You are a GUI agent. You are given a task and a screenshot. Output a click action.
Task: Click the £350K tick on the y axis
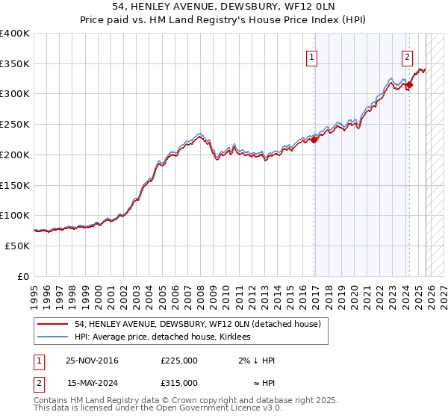point(15,64)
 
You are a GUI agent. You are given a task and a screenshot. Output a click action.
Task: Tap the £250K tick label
point(15,125)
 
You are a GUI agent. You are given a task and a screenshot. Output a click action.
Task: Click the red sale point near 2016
point(314,139)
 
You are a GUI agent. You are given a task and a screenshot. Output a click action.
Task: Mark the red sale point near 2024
point(409,85)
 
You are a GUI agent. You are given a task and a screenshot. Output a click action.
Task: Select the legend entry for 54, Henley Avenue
point(197,324)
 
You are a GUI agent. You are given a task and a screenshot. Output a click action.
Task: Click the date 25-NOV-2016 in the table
point(92,361)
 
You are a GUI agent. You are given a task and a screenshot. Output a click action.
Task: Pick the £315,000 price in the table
point(178,382)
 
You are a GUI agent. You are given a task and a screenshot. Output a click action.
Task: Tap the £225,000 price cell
point(178,361)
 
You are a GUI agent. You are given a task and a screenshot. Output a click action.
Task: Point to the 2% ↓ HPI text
point(257,361)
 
